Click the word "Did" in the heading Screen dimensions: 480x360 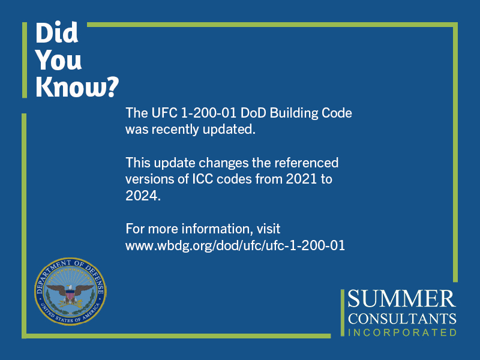point(57,33)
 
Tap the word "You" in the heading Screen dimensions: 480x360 point(58,59)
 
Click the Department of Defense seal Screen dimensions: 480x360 point(70,291)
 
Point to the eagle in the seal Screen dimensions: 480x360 point(70,293)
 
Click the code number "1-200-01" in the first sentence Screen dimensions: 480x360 point(208,113)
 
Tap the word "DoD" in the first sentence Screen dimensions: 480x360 point(253,113)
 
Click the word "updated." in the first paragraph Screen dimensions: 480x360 point(229,130)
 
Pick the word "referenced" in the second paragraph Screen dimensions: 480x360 point(306,163)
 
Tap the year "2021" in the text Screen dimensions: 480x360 point(301,179)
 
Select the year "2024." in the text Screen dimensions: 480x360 point(143,196)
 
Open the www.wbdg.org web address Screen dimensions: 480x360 point(235,245)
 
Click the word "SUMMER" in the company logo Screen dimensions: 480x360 point(401,298)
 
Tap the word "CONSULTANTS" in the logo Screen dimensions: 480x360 point(402,319)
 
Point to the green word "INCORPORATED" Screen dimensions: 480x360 point(402,332)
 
